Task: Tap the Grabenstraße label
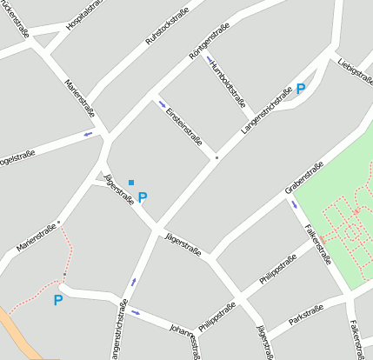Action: pos(304,177)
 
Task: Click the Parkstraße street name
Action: pos(306,314)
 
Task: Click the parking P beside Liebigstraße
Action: pos(301,89)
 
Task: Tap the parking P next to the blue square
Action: pos(143,197)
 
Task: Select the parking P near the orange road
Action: pos(58,301)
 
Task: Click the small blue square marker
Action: pos(131,182)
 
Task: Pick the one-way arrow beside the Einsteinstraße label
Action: pos(162,105)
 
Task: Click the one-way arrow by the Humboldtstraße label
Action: pos(210,60)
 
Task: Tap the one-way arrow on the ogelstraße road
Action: pos(88,134)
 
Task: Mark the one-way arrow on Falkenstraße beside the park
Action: pos(294,205)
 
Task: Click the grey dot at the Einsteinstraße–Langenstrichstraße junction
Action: pos(216,157)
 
